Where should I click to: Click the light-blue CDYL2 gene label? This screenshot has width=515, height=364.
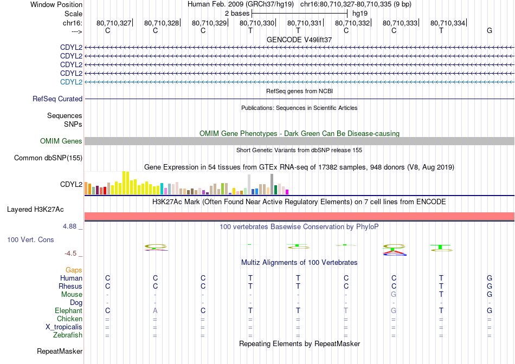coord(71,82)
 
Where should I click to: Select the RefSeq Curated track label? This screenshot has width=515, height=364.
coord(57,99)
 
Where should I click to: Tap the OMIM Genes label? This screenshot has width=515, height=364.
coord(61,141)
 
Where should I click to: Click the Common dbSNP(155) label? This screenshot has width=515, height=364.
coord(48,158)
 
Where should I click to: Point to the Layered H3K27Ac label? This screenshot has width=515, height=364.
coord(35,210)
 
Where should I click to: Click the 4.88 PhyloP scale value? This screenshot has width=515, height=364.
coord(69,226)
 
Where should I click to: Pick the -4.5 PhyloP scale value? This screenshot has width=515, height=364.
coord(70,253)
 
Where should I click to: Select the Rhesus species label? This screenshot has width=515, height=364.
coord(70,286)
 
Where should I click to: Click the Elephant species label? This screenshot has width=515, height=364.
coord(68,310)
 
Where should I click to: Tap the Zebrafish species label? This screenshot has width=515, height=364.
coord(68,335)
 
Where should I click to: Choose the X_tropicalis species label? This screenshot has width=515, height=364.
coord(64,327)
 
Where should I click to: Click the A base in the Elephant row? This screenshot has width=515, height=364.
coord(155,310)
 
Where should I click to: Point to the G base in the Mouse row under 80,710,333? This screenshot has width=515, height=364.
coord(394,295)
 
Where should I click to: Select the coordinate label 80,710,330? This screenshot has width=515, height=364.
coord(257,23)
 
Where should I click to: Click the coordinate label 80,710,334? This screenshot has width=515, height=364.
coord(448,23)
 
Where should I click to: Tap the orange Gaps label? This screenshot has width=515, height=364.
coord(74,270)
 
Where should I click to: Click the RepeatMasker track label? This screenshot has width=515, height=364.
coord(60,351)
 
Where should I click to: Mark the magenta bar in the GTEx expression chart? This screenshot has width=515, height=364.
coord(287,192)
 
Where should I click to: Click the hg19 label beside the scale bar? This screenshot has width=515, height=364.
coord(359,14)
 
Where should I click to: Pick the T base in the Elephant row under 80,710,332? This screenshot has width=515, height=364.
coord(346,310)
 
